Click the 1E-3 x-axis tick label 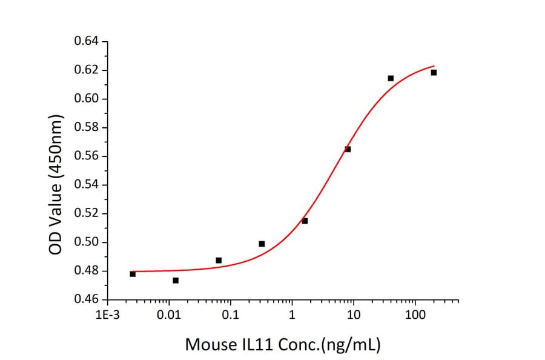click(107, 316)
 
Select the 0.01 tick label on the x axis click(169, 316)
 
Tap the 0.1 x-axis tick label click(230, 316)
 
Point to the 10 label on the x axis click(353, 316)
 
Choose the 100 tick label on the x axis click(415, 316)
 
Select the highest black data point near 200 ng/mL click(434, 73)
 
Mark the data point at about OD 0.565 click(348, 149)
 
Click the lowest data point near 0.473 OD click(176, 281)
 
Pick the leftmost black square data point click(133, 274)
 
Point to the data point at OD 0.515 click(305, 221)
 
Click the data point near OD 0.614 click(391, 78)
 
